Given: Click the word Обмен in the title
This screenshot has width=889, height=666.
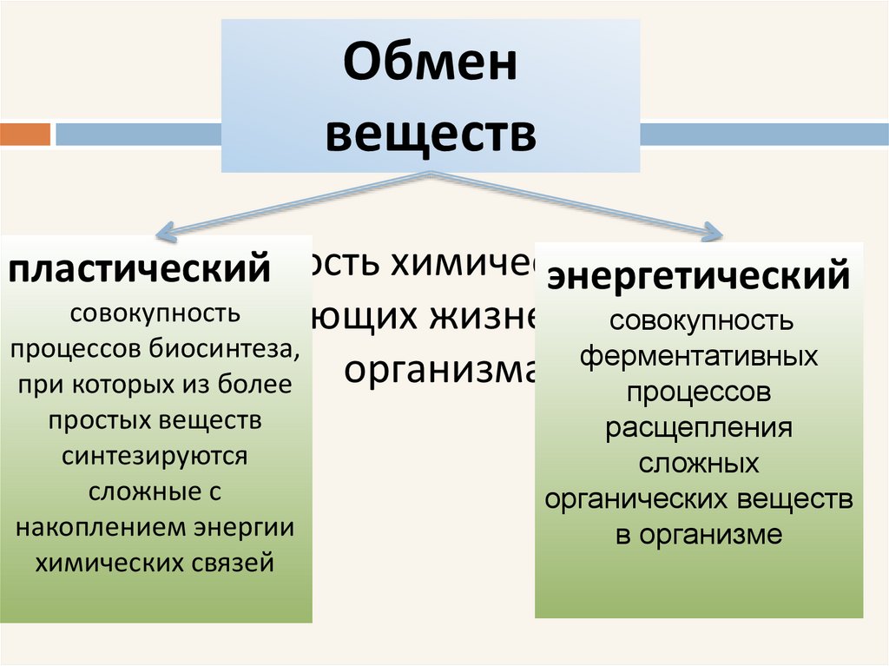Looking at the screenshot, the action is pos(431,66).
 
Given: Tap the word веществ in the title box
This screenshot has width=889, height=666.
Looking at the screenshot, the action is pos(431,135).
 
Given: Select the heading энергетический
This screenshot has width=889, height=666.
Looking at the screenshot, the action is pos(698,276).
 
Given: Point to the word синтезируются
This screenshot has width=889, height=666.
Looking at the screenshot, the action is pos(155,455).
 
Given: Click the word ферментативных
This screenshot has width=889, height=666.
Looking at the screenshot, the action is pos(699,357).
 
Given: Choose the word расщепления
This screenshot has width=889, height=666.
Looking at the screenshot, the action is pos(699,428).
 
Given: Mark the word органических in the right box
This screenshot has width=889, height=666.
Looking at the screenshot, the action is pos(638,499).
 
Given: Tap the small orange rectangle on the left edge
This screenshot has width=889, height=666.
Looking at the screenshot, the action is pos(25,135).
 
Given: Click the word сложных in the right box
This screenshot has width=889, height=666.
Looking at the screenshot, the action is pos(699,464).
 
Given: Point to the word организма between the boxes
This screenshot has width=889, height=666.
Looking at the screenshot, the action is pos(438,369).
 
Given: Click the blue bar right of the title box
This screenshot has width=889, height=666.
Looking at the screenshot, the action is pos(764,135).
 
